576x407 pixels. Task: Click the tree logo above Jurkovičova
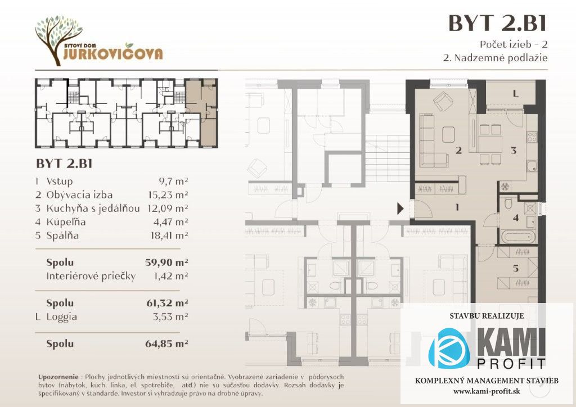tap(58, 39)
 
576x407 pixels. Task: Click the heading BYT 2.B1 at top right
tap(497, 23)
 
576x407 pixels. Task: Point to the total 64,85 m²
tap(166, 343)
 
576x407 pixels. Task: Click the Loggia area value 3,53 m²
tap(170, 316)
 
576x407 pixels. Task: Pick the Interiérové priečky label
tap(91, 276)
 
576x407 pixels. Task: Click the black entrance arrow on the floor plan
tap(400, 209)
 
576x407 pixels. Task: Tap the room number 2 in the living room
tap(458, 150)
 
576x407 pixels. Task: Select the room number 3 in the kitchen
tap(514, 150)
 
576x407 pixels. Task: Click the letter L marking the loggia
tap(515, 94)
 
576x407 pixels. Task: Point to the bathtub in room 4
tap(517, 236)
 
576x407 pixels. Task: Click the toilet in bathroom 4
tap(508, 203)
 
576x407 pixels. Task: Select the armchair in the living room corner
tap(443, 101)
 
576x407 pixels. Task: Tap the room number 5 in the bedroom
tap(515, 268)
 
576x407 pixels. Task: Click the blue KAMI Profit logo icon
tap(449, 348)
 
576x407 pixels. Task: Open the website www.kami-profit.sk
tap(487, 391)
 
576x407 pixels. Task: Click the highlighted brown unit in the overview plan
tap(202, 112)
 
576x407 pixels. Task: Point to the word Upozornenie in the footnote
tap(58, 377)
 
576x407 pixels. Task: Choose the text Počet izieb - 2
tap(514, 44)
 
